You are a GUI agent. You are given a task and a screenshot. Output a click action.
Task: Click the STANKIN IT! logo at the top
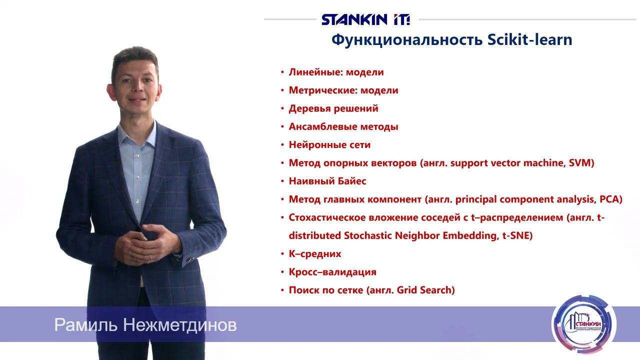click(365, 19)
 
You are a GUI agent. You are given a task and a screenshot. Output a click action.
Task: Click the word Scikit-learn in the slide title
click(530, 40)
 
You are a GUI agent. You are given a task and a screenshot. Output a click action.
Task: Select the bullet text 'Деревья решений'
click(333, 108)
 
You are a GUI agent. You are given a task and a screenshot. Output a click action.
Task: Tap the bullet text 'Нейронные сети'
click(329, 145)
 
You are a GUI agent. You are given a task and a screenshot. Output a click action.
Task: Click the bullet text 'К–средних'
click(315, 254)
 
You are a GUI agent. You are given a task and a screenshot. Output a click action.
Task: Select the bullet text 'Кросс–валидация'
click(332, 272)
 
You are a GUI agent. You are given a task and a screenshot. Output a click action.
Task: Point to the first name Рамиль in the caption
click(85, 325)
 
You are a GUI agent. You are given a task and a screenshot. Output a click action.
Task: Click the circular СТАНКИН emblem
click(584, 324)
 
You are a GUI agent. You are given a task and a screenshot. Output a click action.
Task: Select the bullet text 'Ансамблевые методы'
click(343, 127)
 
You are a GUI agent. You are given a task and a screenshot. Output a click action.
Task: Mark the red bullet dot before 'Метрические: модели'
click(282, 91)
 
